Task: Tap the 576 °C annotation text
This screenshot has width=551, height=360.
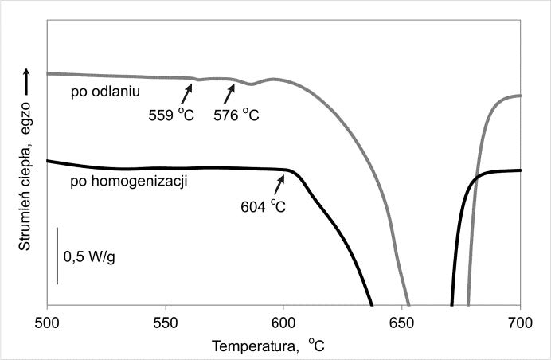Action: (236, 115)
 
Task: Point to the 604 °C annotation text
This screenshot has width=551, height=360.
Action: (263, 206)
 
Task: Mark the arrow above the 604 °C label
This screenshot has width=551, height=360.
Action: (279, 184)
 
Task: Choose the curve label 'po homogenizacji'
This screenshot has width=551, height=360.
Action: (117, 181)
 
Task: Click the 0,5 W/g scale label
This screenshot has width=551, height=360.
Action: (89, 257)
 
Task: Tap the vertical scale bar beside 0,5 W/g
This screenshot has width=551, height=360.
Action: (57, 256)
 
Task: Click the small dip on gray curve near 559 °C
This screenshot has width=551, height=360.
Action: (197, 79)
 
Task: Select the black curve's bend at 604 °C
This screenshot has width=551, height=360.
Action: (287, 170)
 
